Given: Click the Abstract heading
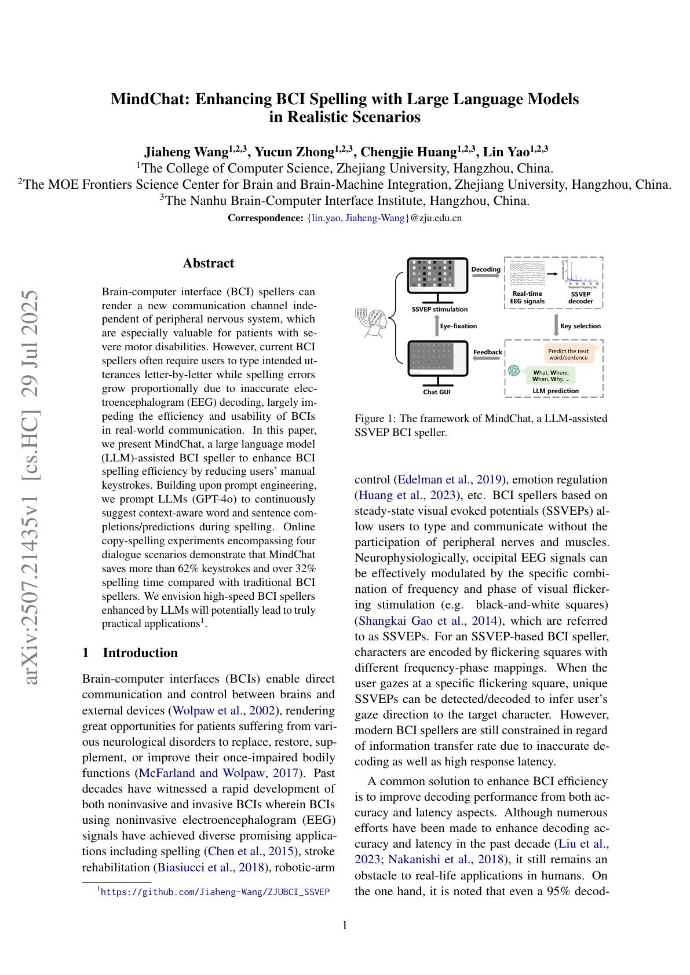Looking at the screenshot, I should pyautogui.click(x=208, y=263).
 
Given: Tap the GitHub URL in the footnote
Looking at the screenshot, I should pyautogui.click(x=215, y=892).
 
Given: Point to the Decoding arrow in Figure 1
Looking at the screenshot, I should pyautogui.click(x=485, y=276).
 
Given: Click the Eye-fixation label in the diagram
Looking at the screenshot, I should pyautogui.click(x=458, y=326).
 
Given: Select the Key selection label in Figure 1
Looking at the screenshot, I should pyautogui.click(x=581, y=326).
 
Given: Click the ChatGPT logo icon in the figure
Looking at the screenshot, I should pyautogui.click(x=513, y=371).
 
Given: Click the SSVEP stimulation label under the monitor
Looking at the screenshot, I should pyautogui.click(x=439, y=309).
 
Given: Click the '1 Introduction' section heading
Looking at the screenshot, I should pyautogui.click(x=130, y=653).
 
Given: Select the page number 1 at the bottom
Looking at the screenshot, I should pyautogui.click(x=345, y=925).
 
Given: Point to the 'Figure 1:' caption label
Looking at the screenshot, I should pyautogui.click(x=369, y=418).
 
